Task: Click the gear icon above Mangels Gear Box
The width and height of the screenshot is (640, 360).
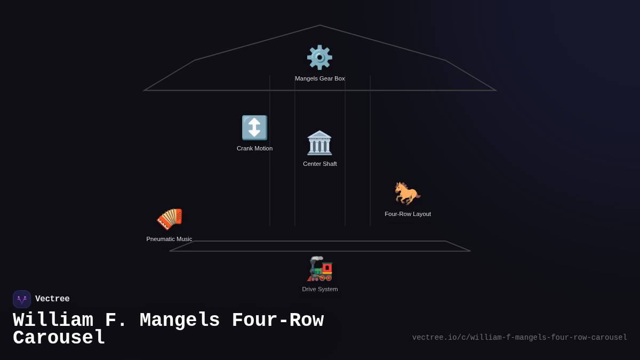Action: (x=319, y=58)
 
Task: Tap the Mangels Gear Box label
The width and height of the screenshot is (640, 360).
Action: (x=319, y=78)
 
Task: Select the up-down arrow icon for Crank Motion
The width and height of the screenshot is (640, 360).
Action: (x=254, y=127)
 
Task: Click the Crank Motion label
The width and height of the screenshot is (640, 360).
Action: (x=254, y=149)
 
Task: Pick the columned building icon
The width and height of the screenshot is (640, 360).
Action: (x=319, y=143)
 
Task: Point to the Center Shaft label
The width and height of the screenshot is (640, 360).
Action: (x=319, y=164)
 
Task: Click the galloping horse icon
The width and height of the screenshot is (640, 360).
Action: (x=407, y=194)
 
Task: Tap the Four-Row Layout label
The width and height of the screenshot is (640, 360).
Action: (x=407, y=214)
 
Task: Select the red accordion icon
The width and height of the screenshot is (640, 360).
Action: (x=170, y=219)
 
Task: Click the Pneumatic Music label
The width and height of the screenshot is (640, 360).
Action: (x=169, y=239)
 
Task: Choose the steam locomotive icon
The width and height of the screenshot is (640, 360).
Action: (x=319, y=269)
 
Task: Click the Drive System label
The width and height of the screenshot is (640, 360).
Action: (x=319, y=290)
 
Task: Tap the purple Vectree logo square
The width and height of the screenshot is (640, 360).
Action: (x=22, y=299)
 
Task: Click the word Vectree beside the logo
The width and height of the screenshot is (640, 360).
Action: (x=52, y=299)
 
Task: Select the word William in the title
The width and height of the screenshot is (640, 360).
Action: (x=53, y=319)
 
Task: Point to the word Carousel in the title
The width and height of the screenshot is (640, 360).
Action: (x=59, y=338)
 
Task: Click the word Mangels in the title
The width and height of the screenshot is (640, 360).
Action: (x=180, y=321)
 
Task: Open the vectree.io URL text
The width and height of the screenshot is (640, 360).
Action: (x=519, y=338)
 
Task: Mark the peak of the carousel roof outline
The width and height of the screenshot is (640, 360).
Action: (x=319, y=25)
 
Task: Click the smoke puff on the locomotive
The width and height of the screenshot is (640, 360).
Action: (x=317, y=258)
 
